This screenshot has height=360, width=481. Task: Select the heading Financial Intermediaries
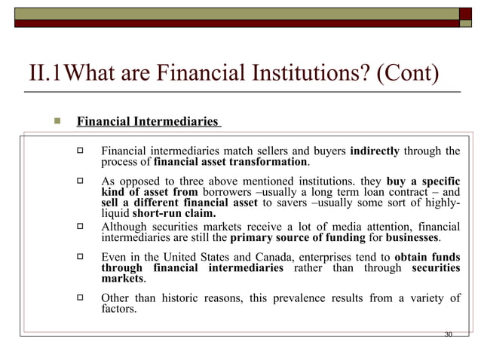[148, 121]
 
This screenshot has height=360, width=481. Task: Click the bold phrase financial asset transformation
[231, 162]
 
